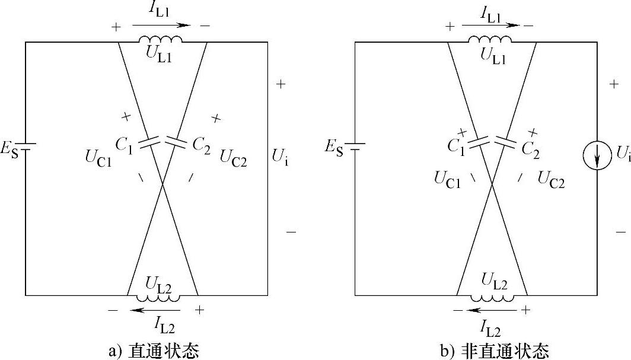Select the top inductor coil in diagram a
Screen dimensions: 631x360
[x=160, y=40]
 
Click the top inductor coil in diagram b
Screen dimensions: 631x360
[x=490, y=40]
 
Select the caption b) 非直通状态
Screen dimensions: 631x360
[x=495, y=351]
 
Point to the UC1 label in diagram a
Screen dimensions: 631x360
[x=98, y=159]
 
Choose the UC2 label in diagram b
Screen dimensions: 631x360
[x=551, y=179]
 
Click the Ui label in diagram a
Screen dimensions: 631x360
[x=281, y=157]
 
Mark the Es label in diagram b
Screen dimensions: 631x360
[x=334, y=146]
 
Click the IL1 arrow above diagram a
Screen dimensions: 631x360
[x=161, y=26]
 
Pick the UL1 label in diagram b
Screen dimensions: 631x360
[x=493, y=55]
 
